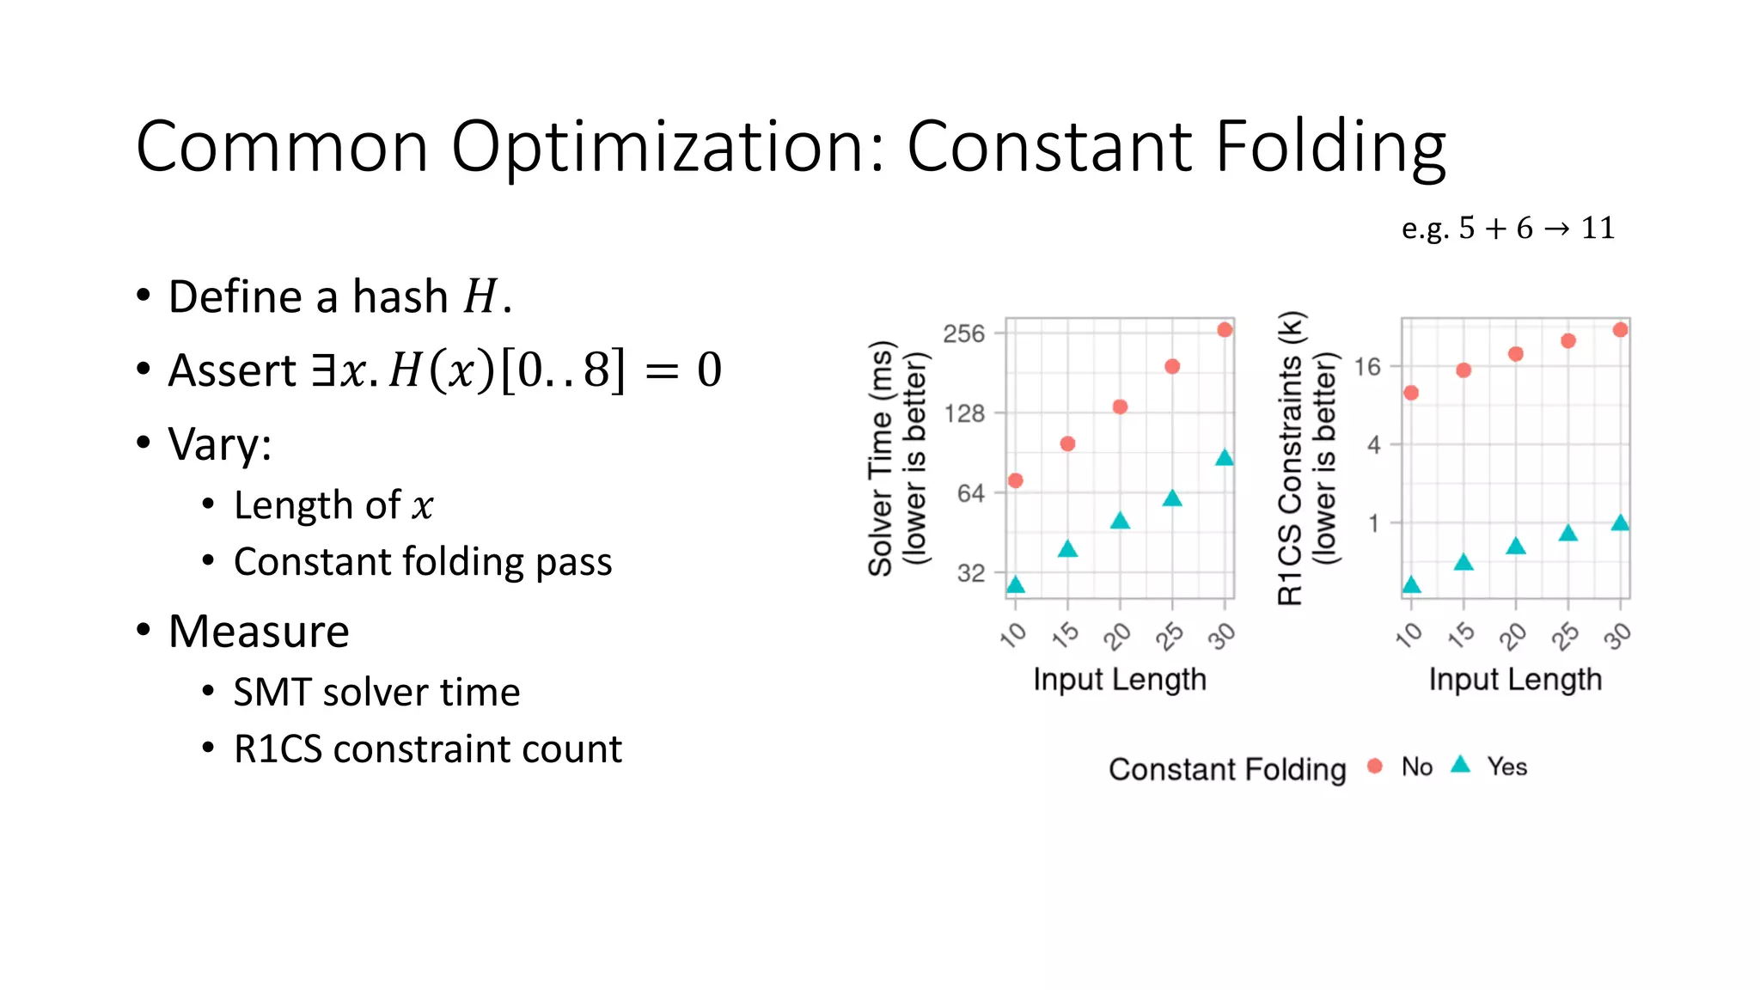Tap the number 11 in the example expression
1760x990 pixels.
(1598, 228)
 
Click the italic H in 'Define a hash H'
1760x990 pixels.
(480, 297)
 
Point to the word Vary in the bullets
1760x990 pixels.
(219, 444)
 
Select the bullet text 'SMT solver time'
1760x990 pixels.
(376, 693)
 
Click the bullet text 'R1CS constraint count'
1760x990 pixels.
(427, 749)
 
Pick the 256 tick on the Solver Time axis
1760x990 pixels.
(963, 333)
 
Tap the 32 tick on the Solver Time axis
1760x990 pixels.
(970, 573)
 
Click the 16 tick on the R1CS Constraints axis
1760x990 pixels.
(1366, 368)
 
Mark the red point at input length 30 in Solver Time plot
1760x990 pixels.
(1225, 330)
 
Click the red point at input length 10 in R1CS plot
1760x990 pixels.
(1411, 393)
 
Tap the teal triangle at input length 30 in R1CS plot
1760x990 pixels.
(1620, 523)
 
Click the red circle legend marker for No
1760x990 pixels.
(1375, 766)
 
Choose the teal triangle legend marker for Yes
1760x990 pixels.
(1461, 765)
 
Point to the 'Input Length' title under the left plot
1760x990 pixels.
(1120, 679)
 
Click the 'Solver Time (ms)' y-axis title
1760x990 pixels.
(880, 458)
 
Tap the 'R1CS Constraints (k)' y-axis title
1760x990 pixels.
(1291, 458)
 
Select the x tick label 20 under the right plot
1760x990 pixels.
(1513, 637)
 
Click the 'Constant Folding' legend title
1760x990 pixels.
(1227, 769)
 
